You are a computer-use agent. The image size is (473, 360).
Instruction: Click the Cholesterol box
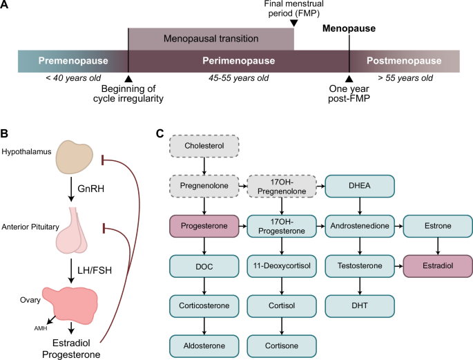pos(204,146)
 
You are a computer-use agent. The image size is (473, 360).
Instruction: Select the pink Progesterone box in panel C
pos(204,226)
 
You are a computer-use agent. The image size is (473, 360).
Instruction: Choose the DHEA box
pos(360,187)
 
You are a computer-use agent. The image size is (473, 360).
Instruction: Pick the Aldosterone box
pos(204,344)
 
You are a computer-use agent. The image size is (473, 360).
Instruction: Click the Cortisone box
pos(282,344)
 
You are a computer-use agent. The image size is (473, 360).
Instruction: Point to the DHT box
pos(360,305)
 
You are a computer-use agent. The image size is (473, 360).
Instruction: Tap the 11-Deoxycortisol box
pos(282,265)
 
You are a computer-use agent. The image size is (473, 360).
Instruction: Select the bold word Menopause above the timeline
pos(349,28)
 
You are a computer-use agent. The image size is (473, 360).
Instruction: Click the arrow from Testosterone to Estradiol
pos(398,265)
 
